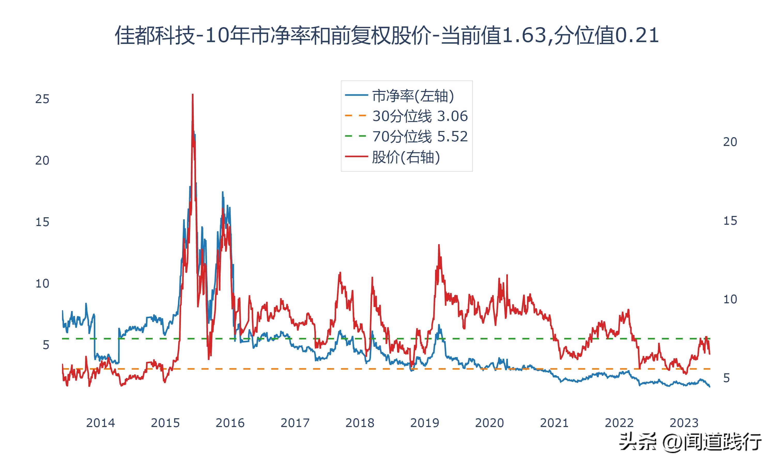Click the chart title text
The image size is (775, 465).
[x=387, y=35]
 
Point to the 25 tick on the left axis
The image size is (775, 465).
[x=42, y=99]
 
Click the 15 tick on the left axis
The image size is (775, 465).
[x=42, y=222]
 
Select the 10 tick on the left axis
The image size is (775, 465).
[x=42, y=284]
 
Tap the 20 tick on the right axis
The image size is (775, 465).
[x=730, y=142]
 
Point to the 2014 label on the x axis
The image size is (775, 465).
[x=100, y=423]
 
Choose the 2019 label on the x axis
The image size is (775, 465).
[x=424, y=423]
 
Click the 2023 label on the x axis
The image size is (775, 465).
[x=684, y=423]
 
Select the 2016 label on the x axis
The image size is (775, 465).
[x=230, y=423]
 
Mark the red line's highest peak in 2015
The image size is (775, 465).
[x=192, y=95]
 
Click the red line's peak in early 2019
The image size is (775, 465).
[x=439, y=245]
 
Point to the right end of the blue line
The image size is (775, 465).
[x=710, y=387]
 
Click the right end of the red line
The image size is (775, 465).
[x=710, y=354]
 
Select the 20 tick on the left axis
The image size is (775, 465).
[x=42, y=160]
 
